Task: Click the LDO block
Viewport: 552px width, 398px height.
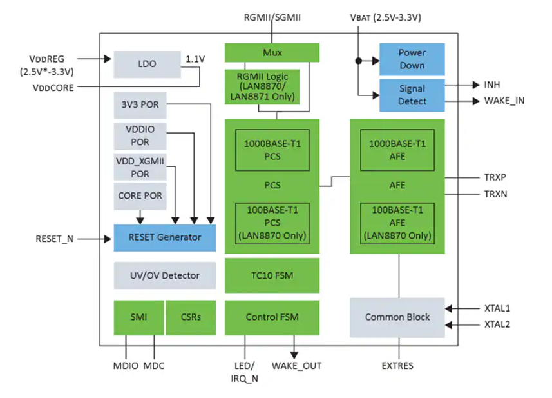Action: pyautogui.click(x=147, y=64)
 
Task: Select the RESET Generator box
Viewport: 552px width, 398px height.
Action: pyautogui.click(x=164, y=237)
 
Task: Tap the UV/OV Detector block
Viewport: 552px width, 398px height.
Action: pyautogui.click(x=164, y=275)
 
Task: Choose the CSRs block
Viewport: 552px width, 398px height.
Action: pyautogui.click(x=191, y=317)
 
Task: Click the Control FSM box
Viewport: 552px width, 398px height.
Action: pyautogui.click(x=272, y=317)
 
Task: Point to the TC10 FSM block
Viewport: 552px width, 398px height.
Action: pyautogui.click(x=272, y=275)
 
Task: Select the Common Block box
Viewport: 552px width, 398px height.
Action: pyautogui.click(x=397, y=317)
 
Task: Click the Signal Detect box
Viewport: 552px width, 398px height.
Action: pyautogui.click(x=412, y=95)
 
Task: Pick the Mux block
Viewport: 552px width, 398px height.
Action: pyautogui.click(x=272, y=52)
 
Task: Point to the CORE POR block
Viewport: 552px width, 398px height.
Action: pyautogui.click(x=140, y=195)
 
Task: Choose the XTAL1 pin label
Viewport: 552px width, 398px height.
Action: pyautogui.click(x=497, y=308)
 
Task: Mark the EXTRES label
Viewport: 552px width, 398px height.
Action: pyautogui.click(x=397, y=366)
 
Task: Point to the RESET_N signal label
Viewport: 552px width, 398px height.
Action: pyautogui.click(x=55, y=239)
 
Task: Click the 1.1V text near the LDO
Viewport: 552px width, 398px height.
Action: pyautogui.click(x=195, y=59)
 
